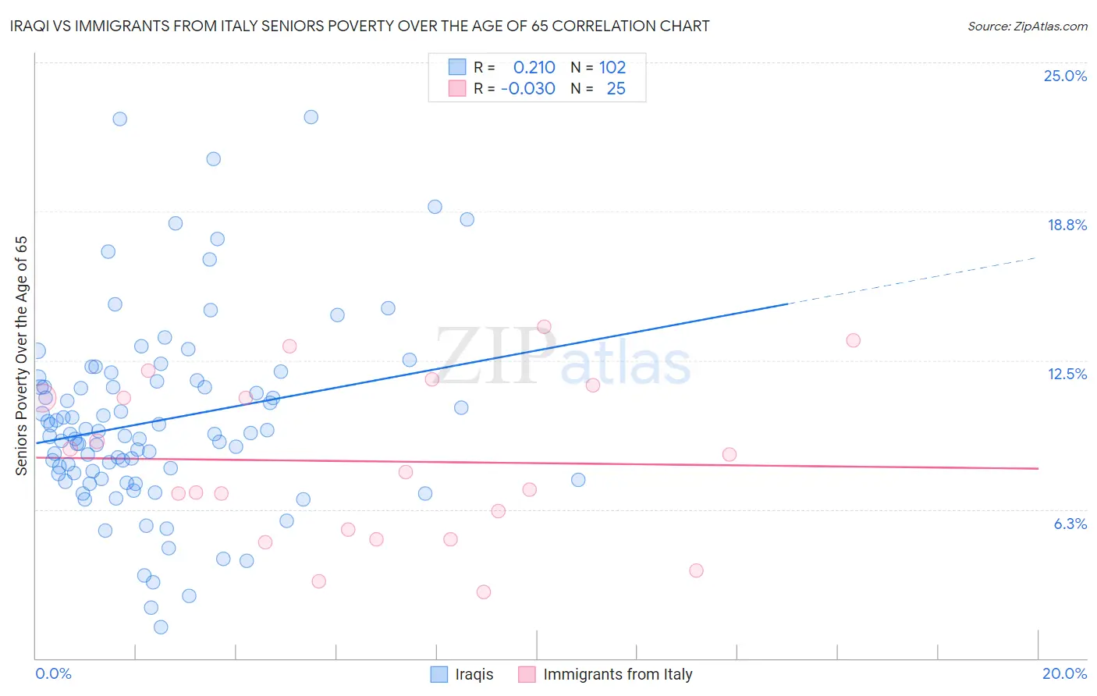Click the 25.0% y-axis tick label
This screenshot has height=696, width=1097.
tap(1065, 76)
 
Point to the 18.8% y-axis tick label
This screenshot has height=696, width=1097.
tap(1067, 225)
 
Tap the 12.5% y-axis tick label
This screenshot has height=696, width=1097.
tap(1067, 374)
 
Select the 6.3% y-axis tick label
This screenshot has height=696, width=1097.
tap(1070, 524)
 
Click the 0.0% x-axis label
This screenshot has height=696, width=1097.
tap(53, 673)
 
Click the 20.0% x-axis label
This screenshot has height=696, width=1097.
tap(1064, 673)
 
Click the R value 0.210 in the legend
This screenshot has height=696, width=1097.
tap(534, 67)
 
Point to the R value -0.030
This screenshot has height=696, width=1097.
tap(527, 88)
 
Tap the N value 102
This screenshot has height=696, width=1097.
tap(612, 67)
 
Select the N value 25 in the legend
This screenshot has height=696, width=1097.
tap(616, 88)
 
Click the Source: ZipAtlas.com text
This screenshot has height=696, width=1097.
tap(1027, 26)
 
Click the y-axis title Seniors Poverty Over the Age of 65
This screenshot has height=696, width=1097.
tap(21, 355)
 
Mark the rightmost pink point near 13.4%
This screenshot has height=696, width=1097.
tap(853, 340)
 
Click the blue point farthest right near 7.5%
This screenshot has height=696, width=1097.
tap(578, 480)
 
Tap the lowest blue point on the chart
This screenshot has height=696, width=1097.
tap(161, 627)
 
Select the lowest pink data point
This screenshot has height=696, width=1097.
tap(484, 592)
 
